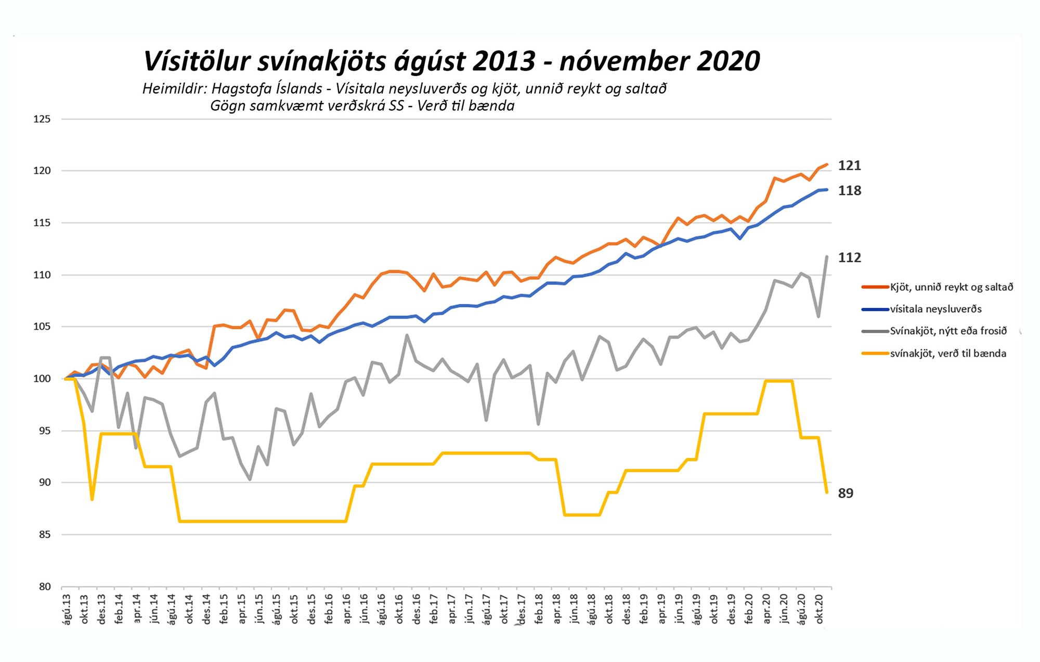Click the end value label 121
coord(849,165)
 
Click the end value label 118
coord(849,191)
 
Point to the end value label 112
coord(849,257)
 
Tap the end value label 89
coord(846,493)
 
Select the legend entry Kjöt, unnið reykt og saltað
coord(951,287)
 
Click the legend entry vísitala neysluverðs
coord(935,309)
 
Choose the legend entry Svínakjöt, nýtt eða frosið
coord(948,331)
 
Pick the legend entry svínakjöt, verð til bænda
coord(947,354)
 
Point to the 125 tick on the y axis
coord(42,119)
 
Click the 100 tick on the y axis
coord(42,379)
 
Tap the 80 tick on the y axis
coord(45,587)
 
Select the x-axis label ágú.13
coord(67,609)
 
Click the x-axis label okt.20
coord(820,609)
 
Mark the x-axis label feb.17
coord(434,609)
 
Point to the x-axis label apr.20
coord(767,609)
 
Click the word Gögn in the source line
coord(228,106)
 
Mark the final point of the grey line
coord(827,256)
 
